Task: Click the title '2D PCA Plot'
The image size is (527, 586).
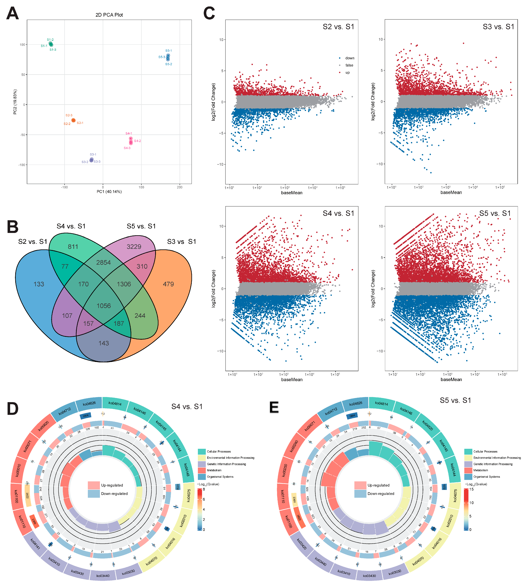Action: pyautogui.click(x=109, y=15)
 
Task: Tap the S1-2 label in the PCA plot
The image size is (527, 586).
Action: pyautogui.click(x=50, y=40)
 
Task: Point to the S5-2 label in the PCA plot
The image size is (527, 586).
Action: pyautogui.click(x=168, y=64)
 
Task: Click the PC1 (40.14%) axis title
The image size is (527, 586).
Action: pyautogui.click(x=109, y=192)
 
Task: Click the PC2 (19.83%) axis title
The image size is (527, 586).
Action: pyautogui.click(x=15, y=102)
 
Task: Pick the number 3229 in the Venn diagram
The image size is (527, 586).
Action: pyautogui.click(x=134, y=247)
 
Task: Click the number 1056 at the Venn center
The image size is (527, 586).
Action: pyautogui.click(x=104, y=306)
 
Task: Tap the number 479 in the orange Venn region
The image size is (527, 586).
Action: pyautogui.click(x=168, y=284)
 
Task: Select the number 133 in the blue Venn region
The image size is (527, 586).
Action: pyautogui.click(x=39, y=284)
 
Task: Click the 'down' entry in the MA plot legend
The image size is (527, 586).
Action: pyautogui.click(x=350, y=58)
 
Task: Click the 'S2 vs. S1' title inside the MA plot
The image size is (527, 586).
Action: pyautogui.click(x=338, y=27)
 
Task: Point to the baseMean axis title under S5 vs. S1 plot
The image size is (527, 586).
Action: pyautogui.click(x=451, y=379)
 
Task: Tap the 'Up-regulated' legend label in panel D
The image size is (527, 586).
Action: pyautogui.click(x=112, y=485)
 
